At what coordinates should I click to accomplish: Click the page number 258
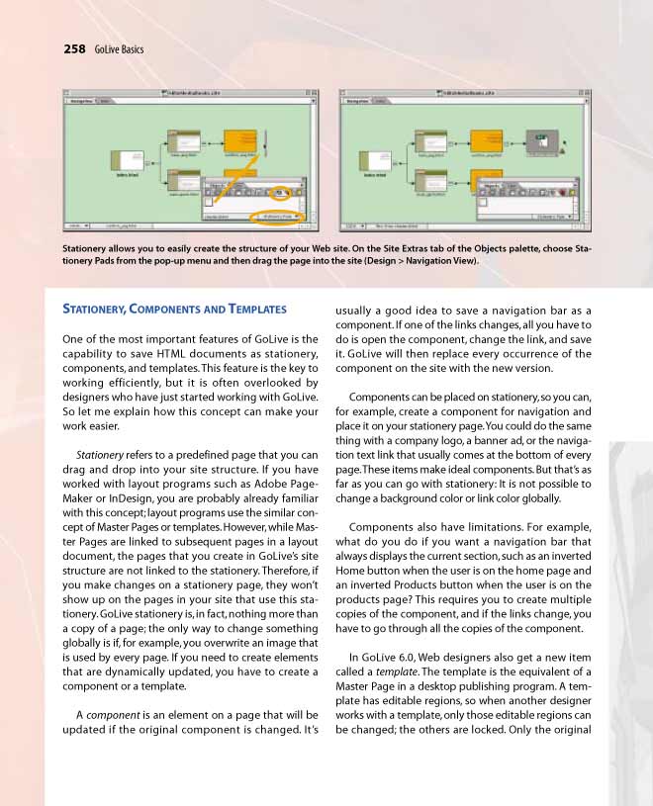(x=75, y=47)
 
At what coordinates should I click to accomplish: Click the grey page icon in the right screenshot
(x=541, y=141)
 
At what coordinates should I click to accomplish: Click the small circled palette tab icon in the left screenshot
(x=283, y=192)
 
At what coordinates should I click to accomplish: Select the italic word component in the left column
(x=110, y=715)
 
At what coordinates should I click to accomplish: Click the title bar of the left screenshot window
(x=189, y=92)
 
